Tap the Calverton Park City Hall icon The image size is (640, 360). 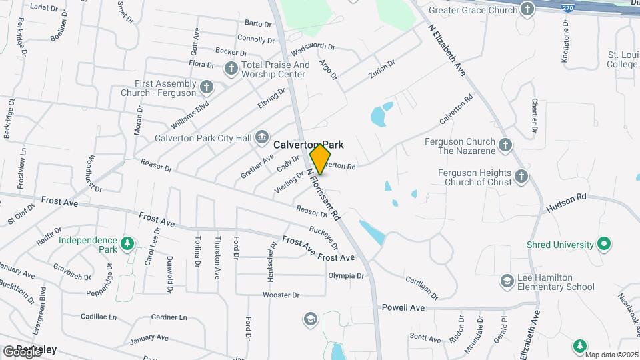click(262, 138)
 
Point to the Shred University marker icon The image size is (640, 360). click(605, 245)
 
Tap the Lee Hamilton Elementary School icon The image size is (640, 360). click(507, 281)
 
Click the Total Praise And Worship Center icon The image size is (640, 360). click(231, 68)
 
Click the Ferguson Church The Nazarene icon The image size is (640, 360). click(505, 145)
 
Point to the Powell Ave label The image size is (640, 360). click(403, 307)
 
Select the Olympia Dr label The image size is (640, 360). click(346, 275)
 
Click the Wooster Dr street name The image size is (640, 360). click(281, 295)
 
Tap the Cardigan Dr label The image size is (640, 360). click(421, 287)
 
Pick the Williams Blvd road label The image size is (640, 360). click(191, 115)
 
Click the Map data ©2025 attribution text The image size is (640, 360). click(611, 354)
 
